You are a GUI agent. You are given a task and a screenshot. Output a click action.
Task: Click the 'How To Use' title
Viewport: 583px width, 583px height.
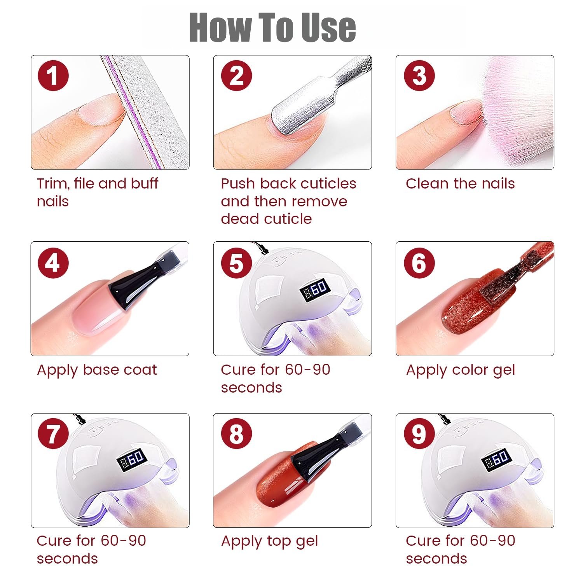click(x=272, y=27)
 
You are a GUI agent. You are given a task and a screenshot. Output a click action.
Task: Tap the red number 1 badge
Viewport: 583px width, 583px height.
click(x=53, y=75)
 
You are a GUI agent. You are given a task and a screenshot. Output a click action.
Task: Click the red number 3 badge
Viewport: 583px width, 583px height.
click(x=419, y=75)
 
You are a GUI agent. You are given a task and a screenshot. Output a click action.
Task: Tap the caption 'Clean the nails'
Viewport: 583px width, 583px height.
click(x=460, y=183)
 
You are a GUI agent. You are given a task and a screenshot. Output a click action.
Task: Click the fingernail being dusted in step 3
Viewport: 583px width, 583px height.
click(x=466, y=112)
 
